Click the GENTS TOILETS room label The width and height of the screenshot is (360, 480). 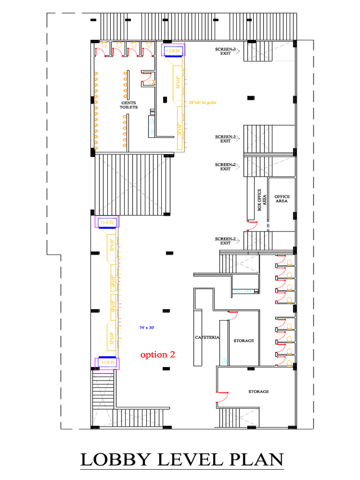pyautogui.click(x=129, y=105)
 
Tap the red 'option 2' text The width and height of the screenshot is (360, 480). pyautogui.click(x=158, y=354)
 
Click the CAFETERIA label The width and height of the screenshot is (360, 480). pyautogui.click(x=207, y=337)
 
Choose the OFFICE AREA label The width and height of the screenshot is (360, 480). pyautogui.click(x=282, y=199)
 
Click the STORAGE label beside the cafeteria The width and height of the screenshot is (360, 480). pyautogui.click(x=244, y=341)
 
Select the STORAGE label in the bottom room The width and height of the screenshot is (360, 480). pyautogui.click(x=259, y=391)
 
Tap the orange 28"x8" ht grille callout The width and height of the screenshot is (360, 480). pyautogui.click(x=202, y=102)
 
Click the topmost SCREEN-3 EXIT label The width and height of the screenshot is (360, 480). pyautogui.click(x=225, y=51)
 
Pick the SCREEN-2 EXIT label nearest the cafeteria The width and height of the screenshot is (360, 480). pyautogui.click(x=225, y=241)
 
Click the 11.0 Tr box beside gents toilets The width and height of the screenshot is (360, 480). pyautogui.click(x=173, y=50)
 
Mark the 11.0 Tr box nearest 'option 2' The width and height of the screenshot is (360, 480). pyautogui.click(x=107, y=363)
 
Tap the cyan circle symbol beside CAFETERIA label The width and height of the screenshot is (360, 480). pyautogui.click(x=224, y=361)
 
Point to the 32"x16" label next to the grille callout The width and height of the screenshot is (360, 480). pyautogui.click(x=178, y=82)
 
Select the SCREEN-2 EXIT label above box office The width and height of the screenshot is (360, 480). pyautogui.click(x=225, y=166)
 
